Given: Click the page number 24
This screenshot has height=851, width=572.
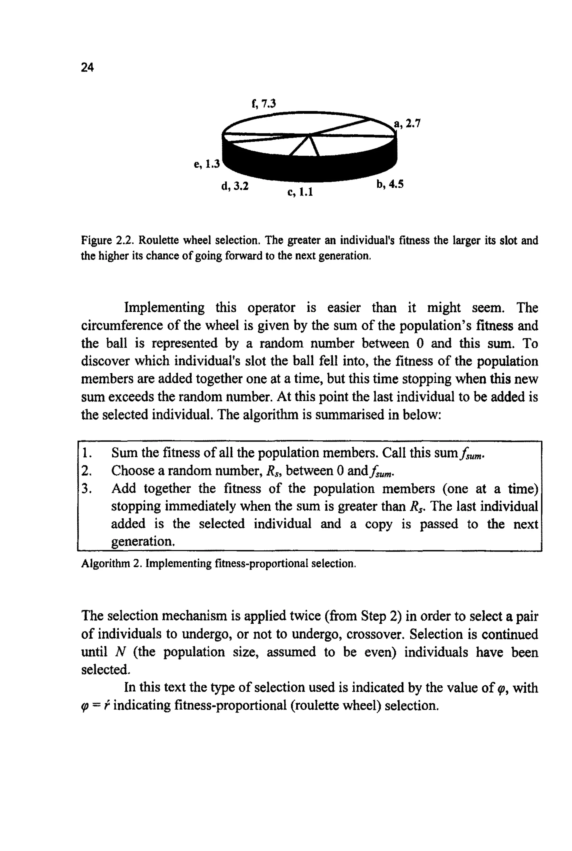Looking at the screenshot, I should (87, 68).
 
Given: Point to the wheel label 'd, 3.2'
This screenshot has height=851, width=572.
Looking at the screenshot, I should (235, 186).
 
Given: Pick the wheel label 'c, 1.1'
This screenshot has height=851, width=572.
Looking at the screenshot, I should (300, 192).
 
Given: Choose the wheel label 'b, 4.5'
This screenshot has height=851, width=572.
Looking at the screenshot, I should (390, 184).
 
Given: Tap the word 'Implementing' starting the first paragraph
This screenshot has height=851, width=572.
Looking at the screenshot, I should (165, 308).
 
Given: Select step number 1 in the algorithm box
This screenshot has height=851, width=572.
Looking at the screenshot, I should (86, 453).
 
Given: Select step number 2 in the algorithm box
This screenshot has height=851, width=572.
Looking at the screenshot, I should (86, 471).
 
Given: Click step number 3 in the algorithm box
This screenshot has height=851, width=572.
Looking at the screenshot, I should (86, 489).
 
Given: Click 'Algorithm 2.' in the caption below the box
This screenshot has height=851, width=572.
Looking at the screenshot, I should (111, 564).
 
